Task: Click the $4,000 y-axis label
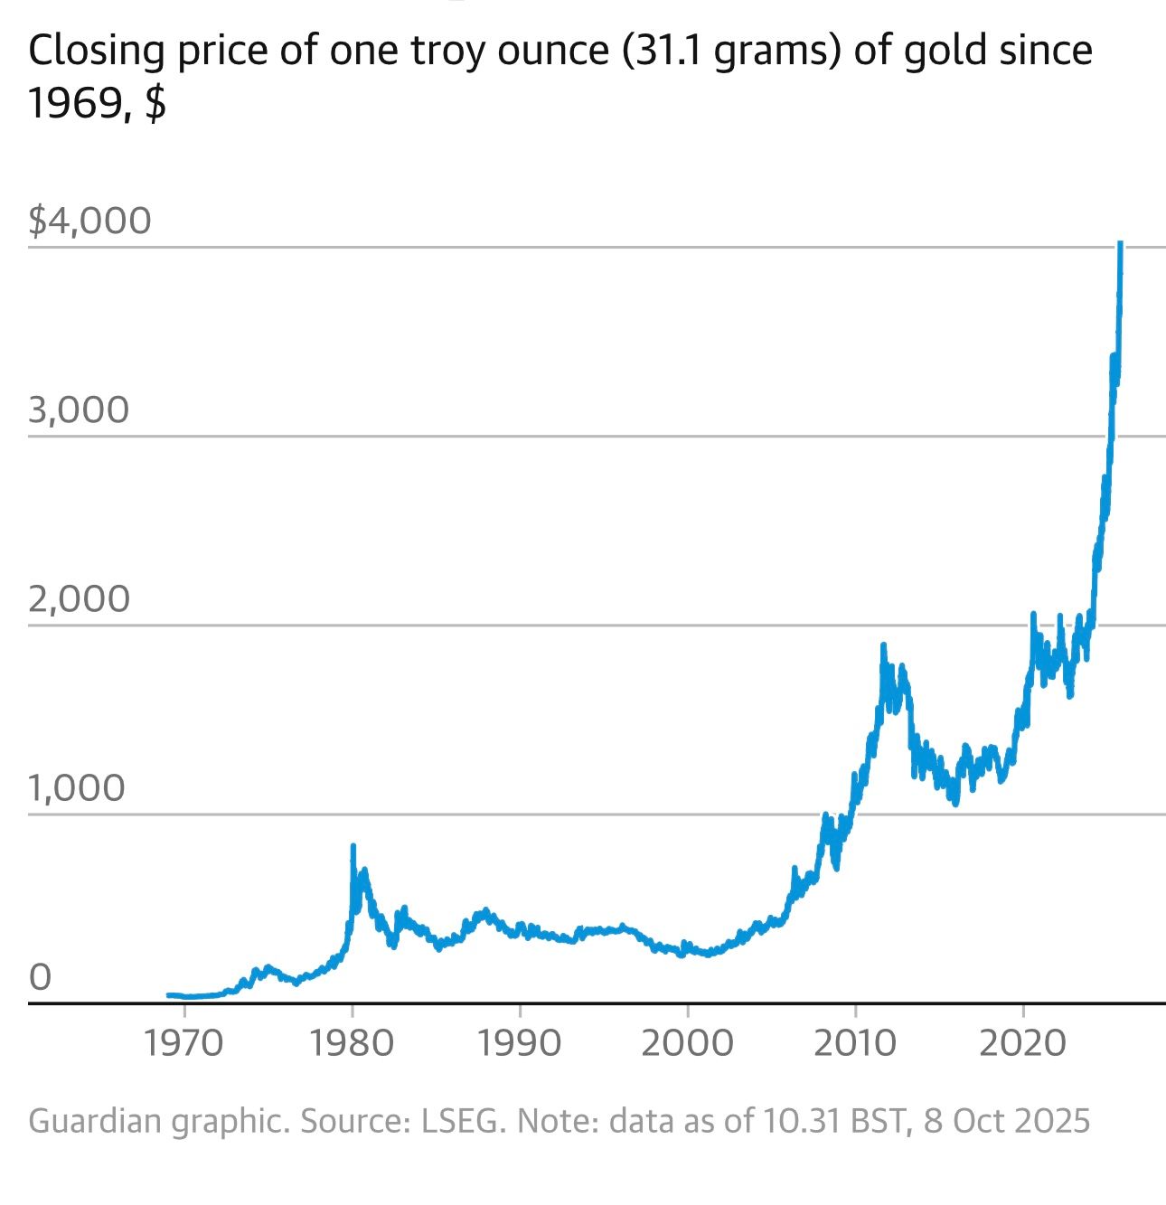coord(89,221)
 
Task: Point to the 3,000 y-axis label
coord(80,410)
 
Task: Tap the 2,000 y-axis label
coord(80,599)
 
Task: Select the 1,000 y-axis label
coord(77,788)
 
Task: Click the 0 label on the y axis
coord(41,977)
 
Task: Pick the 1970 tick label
coord(183,1044)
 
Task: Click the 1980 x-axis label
coord(352,1044)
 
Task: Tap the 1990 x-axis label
coord(520,1044)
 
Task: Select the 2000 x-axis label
coord(687,1044)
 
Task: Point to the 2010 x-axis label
coord(855,1044)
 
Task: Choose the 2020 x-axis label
coord(1023,1044)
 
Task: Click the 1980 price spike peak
coord(353,846)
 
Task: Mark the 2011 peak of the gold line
coord(883,645)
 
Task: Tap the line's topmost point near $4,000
coord(1120,243)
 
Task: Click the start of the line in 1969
coord(168,994)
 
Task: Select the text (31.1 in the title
coord(663,51)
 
